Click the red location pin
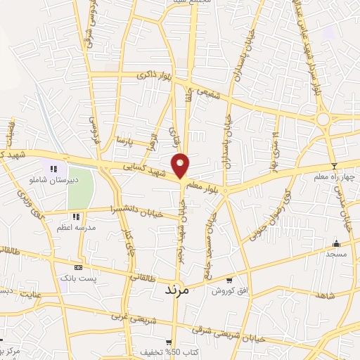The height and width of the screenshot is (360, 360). tap(181, 165)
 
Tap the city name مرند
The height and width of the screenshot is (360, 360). tap(178, 289)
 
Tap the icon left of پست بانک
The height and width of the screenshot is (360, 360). tap(78, 267)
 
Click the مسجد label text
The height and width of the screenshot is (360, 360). tap(336, 254)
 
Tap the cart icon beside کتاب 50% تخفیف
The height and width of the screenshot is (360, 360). tap(177, 342)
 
